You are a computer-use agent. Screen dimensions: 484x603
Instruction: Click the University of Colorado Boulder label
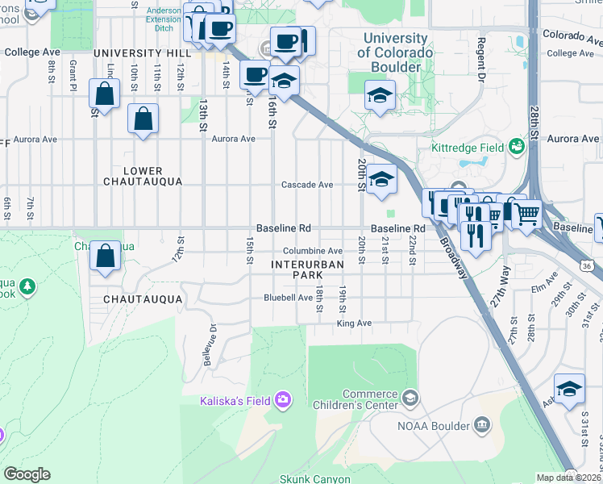click(x=395, y=52)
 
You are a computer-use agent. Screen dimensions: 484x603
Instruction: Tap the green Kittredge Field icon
click(x=516, y=147)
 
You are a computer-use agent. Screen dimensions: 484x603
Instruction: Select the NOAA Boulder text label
click(x=433, y=425)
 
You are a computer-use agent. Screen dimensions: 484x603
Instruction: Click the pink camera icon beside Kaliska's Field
click(x=282, y=399)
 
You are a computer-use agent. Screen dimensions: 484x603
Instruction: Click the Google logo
click(x=27, y=474)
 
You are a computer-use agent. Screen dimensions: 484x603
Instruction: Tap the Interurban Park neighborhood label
click(x=308, y=269)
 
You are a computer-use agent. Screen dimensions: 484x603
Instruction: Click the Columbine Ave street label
click(x=313, y=251)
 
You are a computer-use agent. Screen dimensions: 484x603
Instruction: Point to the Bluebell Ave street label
click(x=288, y=298)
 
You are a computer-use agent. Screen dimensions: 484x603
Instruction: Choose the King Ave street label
click(x=354, y=323)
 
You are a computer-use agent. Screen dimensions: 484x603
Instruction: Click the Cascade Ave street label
click(x=307, y=185)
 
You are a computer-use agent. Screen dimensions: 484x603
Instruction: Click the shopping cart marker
click(x=527, y=215)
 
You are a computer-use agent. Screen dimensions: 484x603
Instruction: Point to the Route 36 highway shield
click(x=586, y=265)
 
